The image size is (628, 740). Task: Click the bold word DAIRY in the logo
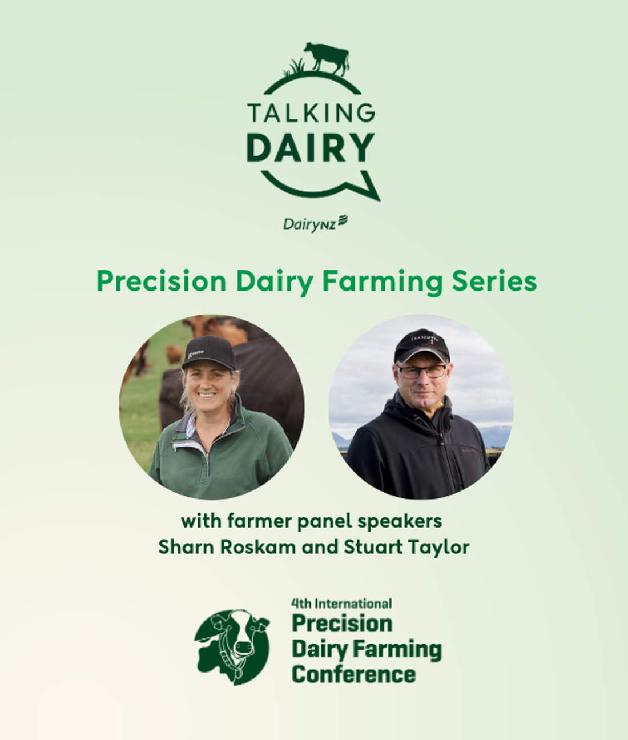point(311,147)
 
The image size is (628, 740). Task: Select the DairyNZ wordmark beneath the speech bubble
point(316,223)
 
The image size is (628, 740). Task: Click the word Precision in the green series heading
point(162,281)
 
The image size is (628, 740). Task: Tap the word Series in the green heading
point(494,281)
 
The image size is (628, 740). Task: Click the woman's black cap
point(210,353)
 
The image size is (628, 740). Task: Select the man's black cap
point(422,345)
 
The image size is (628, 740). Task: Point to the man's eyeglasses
point(422,372)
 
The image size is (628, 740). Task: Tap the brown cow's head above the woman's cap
point(215,328)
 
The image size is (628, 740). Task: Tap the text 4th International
point(341,604)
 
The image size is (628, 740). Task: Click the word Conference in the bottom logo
point(354,674)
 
